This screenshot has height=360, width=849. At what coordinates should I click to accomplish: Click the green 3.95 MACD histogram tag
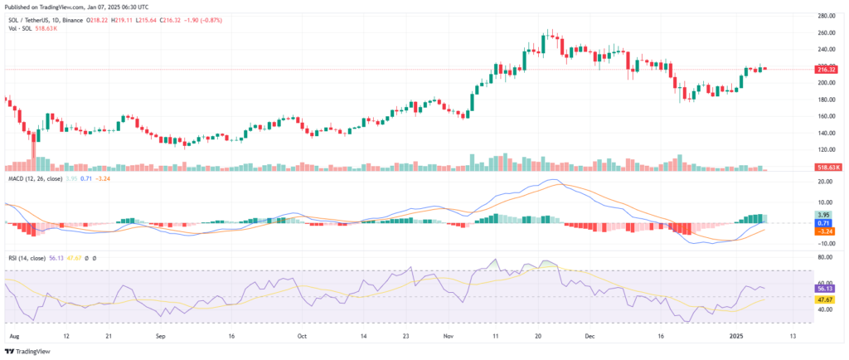pos(800,215)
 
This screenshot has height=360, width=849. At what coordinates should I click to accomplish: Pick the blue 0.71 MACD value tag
pos(800,223)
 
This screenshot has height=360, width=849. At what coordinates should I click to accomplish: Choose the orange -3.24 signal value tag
pos(801,231)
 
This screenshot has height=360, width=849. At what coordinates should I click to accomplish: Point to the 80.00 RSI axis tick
pos(803,258)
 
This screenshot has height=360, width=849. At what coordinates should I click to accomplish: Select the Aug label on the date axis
pos(12,338)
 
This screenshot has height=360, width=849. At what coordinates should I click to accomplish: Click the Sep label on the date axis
pos(161,338)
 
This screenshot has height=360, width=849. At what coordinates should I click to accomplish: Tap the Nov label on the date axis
pos(448,338)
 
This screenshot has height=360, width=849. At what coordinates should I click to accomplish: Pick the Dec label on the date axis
pos(589,338)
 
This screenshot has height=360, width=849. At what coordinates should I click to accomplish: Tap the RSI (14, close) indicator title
pos(28,259)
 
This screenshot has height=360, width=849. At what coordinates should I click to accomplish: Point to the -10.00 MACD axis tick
pos(803,244)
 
